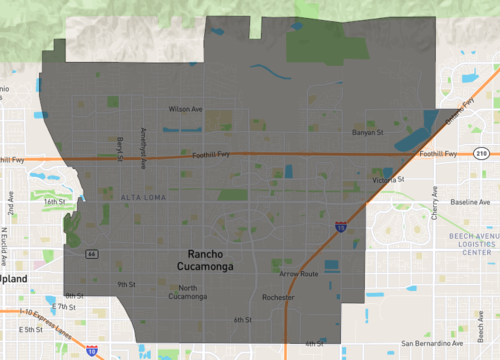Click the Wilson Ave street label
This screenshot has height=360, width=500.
pyautogui.click(x=186, y=109)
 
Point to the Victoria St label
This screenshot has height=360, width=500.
pyautogui.click(x=387, y=180)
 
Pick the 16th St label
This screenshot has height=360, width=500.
pyautogui.click(x=53, y=201)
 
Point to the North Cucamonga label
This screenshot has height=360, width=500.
pyautogui.click(x=187, y=291)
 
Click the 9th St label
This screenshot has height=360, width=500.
pyautogui.click(x=126, y=284)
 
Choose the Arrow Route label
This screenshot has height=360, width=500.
pyautogui.click(x=299, y=273)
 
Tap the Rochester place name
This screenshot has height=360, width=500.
pyautogui.click(x=278, y=297)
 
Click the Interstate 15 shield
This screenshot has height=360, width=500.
pyautogui.click(x=341, y=229)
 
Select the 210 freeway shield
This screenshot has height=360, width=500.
pyautogui.click(x=482, y=152)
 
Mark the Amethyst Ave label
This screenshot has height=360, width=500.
pyautogui.click(x=144, y=147)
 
